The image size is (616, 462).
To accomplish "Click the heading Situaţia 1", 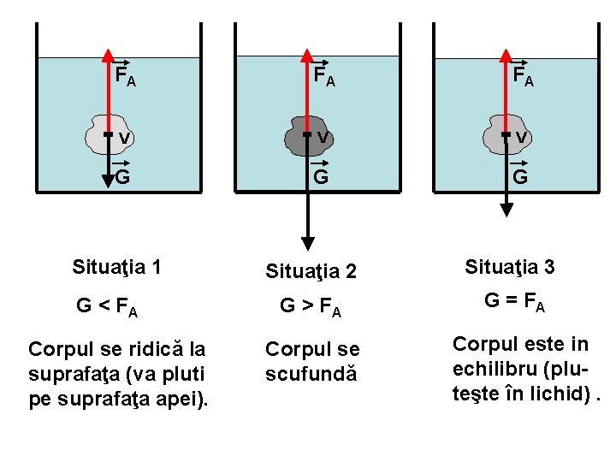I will pos(116,267).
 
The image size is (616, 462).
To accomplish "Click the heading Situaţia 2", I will pos(311,272).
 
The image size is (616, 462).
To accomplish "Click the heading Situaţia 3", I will pos(510,267).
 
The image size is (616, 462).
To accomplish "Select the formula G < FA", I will pos(107,305).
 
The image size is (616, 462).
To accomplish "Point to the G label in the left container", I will pos(122,176).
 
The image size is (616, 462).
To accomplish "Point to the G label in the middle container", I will pos(321,176).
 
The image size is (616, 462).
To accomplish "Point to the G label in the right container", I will pos(519,176).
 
